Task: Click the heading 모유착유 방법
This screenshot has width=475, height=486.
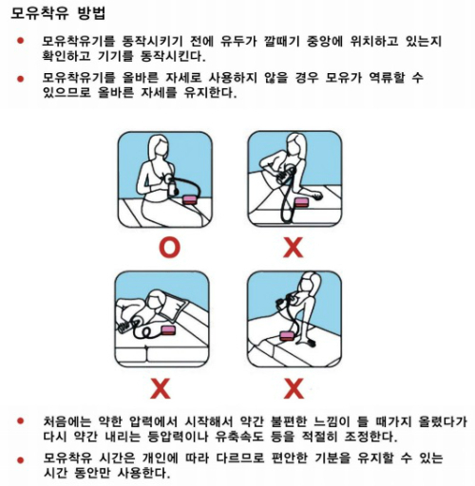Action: (58, 13)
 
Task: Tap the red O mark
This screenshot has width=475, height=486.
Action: (169, 247)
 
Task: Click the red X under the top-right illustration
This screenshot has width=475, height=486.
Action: (294, 247)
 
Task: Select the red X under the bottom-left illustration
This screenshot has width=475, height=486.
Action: (161, 388)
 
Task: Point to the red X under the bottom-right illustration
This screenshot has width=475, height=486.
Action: (294, 388)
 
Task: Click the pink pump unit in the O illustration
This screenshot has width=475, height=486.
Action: (191, 200)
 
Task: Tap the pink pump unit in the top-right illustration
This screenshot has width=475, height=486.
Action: (302, 202)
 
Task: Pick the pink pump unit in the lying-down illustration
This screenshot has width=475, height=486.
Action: (168, 330)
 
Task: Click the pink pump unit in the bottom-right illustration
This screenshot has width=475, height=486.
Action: (287, 336)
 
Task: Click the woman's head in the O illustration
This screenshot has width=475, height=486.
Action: (159, 144)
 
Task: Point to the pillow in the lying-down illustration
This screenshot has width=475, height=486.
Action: (175, 305)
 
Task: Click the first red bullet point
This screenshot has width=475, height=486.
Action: (21, 41)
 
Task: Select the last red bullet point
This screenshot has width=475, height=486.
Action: (21, 459)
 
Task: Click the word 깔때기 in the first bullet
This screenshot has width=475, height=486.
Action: (281, 41)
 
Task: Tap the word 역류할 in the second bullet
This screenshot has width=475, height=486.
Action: (387, 77)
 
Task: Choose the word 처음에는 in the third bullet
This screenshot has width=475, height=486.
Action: (66, 421)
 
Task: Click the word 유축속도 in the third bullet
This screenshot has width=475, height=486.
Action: (239, 437)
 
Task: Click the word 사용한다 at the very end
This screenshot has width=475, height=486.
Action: (143, 473)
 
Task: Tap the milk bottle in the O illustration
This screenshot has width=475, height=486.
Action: (172, 188)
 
